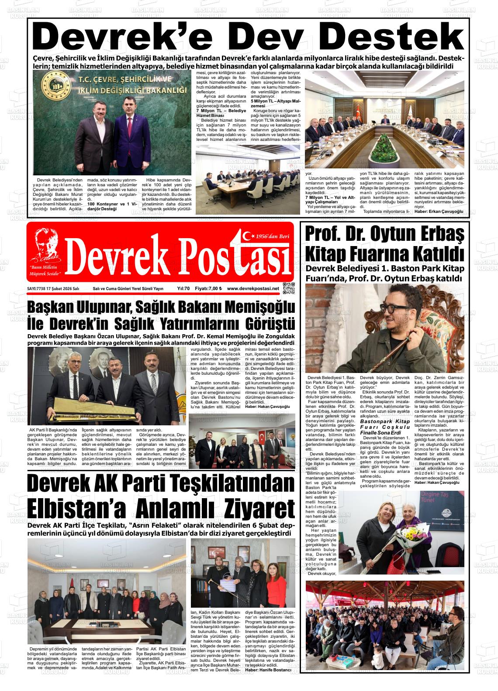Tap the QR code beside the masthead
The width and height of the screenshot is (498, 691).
(289, 288)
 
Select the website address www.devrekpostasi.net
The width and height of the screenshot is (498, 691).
(253, 289)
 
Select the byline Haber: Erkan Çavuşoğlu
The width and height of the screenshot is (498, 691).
(438, 212)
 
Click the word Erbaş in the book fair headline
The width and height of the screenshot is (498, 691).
(432, 233)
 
